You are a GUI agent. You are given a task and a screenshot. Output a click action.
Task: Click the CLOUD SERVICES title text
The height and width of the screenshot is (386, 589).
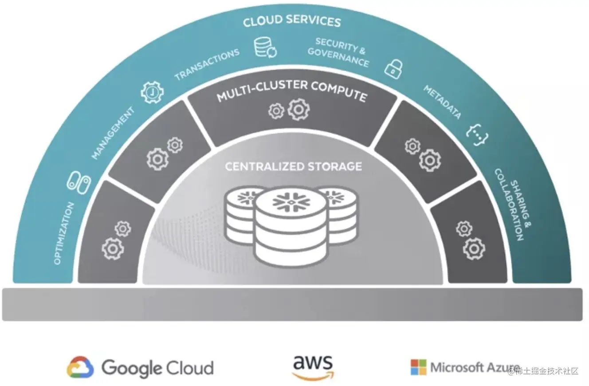click(291, 21)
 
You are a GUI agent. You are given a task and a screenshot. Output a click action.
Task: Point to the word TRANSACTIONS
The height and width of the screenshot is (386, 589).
click(207, 64)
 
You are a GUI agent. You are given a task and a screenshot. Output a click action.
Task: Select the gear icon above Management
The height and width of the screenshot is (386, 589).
click(152, 92)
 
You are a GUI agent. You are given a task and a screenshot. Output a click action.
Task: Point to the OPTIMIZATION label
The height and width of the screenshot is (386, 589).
click(63, 233)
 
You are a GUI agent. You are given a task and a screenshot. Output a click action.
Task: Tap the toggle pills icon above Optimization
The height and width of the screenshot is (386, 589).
click(79, 182)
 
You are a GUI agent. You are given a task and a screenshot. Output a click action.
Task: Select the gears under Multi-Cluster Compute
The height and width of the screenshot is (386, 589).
click(289, 109)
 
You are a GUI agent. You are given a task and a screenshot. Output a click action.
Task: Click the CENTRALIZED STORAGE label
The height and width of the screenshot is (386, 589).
click(293, 167)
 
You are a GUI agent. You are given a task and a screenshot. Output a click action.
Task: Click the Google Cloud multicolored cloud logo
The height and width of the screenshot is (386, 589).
click(80, 367)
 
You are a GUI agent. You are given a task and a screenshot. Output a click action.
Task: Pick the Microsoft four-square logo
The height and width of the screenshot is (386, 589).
click(418, 367)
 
